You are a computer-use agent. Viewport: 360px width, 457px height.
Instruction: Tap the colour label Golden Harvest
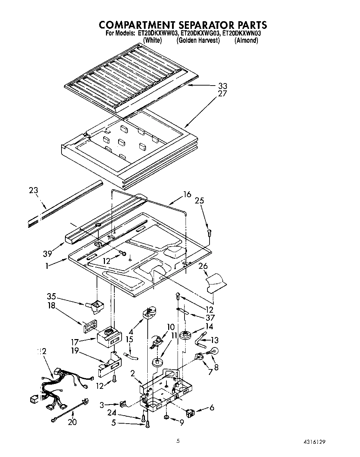(x=198, y=40)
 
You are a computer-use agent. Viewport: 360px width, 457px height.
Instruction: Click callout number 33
(x=223, y=86)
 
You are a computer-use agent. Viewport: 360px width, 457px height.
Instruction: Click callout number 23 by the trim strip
(x=34, y=191)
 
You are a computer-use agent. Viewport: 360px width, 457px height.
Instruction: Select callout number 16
(x=187, y=194)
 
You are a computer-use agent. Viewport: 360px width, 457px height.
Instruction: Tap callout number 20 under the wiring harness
(x=73, y=422)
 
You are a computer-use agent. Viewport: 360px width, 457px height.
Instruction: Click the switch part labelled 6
(x=190, y=413)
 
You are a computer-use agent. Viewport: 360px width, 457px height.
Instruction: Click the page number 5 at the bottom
(x=178, y=441)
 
